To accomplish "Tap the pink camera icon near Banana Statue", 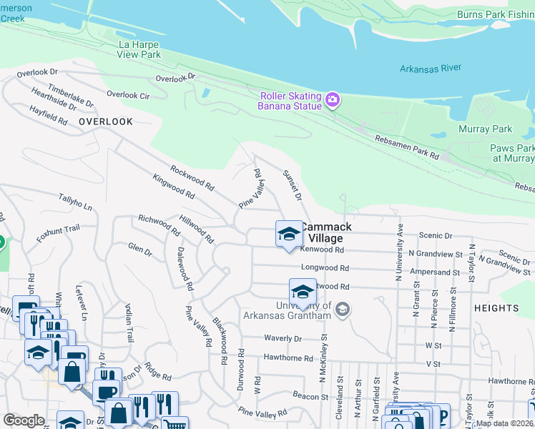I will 332,101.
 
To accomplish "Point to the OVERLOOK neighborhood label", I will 106,122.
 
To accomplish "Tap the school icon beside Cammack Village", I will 289,234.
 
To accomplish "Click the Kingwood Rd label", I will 174,185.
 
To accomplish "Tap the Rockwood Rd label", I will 192,177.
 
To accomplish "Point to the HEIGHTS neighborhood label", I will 496,308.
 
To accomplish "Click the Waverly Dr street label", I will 283,339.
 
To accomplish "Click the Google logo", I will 24,420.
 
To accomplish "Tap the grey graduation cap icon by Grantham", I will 343,309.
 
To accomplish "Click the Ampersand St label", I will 435,272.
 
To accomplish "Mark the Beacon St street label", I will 310,395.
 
